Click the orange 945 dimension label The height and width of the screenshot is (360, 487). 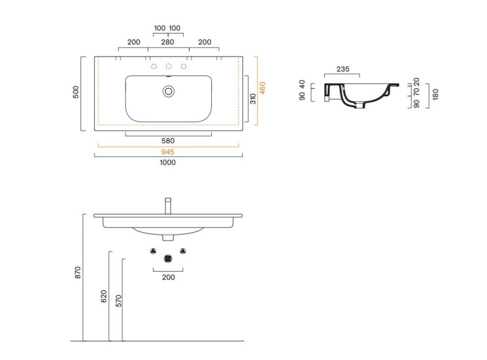[x=168, y=152]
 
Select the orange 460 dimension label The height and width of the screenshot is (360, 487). [x=262, y=88]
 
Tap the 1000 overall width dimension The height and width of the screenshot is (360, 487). [x=168, y=162]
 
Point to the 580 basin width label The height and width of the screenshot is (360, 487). [x=168, y=141]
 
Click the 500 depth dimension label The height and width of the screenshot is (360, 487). [x=75, y=92]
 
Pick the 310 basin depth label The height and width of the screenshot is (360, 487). [x=253, y=99]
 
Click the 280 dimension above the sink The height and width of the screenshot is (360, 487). [x=168, y=42]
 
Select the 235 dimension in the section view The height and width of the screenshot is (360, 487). [x=343, y=69]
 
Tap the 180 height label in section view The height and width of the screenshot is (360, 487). [x=435, y=94]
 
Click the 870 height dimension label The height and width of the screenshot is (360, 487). [x=78, y=272]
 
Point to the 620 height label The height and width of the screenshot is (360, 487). [x=103, y=296]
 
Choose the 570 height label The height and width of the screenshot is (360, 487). [x=118, y=301]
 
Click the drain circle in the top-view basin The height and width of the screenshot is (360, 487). [x=169, y=91]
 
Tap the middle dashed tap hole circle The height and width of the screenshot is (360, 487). [x=169, y=66]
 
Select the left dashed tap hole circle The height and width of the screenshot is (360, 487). [x=154, y=66]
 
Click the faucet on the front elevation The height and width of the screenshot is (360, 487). [x=168, y=206]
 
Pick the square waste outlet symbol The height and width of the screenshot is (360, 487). [x=168, y=258]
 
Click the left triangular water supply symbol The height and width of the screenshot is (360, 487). [x=153, y=251]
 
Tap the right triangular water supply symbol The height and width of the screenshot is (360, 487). [x=183, y=251]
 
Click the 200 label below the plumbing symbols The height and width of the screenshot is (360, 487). [x=169, y=277]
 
